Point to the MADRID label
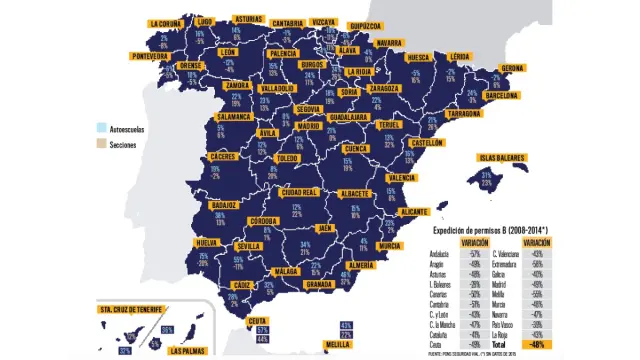click(x=310, y=127)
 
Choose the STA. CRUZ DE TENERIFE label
click(x=133, y=311)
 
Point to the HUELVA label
click(x=207, y=243)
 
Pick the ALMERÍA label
click(x=362, y=265)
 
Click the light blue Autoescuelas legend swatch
click(x=101, y=128)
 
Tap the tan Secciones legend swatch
click(x=101, y=145)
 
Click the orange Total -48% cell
click(x=538, y=344)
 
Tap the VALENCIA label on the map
click(x=401, y=178)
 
